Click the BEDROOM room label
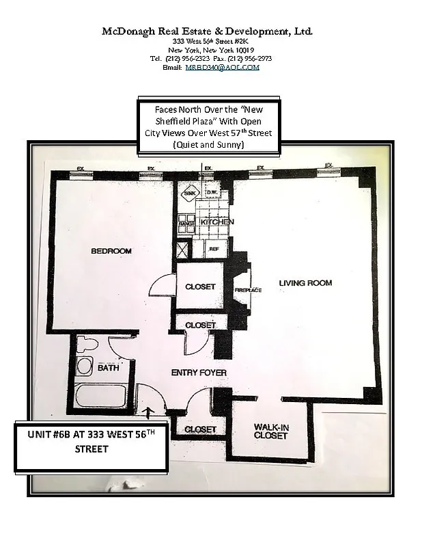pyautogui.click(x=111, y=252)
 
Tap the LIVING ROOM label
pyautogui.click(x=305, y=283)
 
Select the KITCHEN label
pyautogui.click(x=217, y=222)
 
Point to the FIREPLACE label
pyautogui.click(x=249, y=290)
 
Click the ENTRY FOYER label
pyautogui.click(x=199, y=373)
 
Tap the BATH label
pyautogui.click(x=108, y=368)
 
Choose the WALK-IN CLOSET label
pyautogui.click(x=271, y=431)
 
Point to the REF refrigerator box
pyautogui.click(x=214, y=250)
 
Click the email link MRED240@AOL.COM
pyautogui.click(x=236, y=67)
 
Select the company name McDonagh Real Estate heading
pyautogui.click(x=208, y=31)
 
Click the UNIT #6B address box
pyautogui.click(x=91, y=446)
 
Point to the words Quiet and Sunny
pyautogui.click(x=208, y=145)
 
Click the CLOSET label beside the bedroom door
pyautogui.click(x=200, y=287)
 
